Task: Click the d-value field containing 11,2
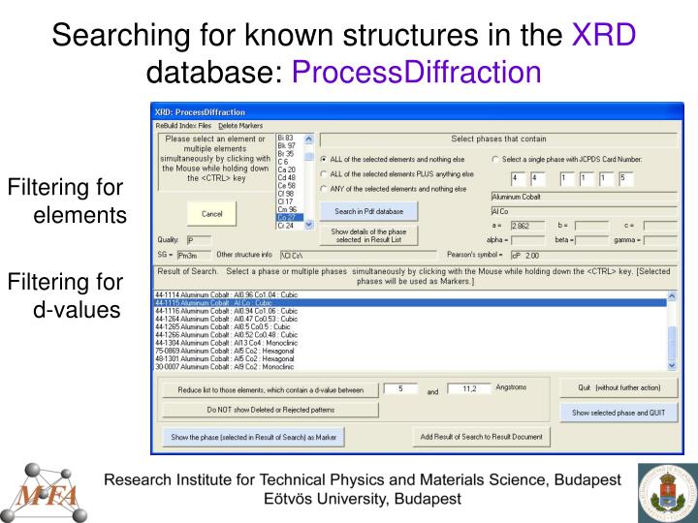click(470, 389)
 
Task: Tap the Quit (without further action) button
click(618, 388)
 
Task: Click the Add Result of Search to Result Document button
click(482, 436)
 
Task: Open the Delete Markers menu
click(240, 126)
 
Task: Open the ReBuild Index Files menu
click(184, 126)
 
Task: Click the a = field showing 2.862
click(528, 226)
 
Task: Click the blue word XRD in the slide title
click(603, 36)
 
